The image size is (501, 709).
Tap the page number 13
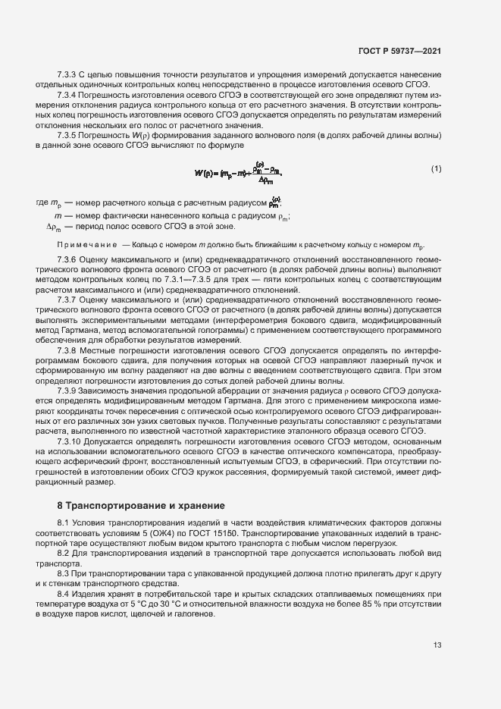coord(437,645)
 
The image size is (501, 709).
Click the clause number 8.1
coord(64,524)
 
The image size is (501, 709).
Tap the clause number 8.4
coord(64,594)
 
